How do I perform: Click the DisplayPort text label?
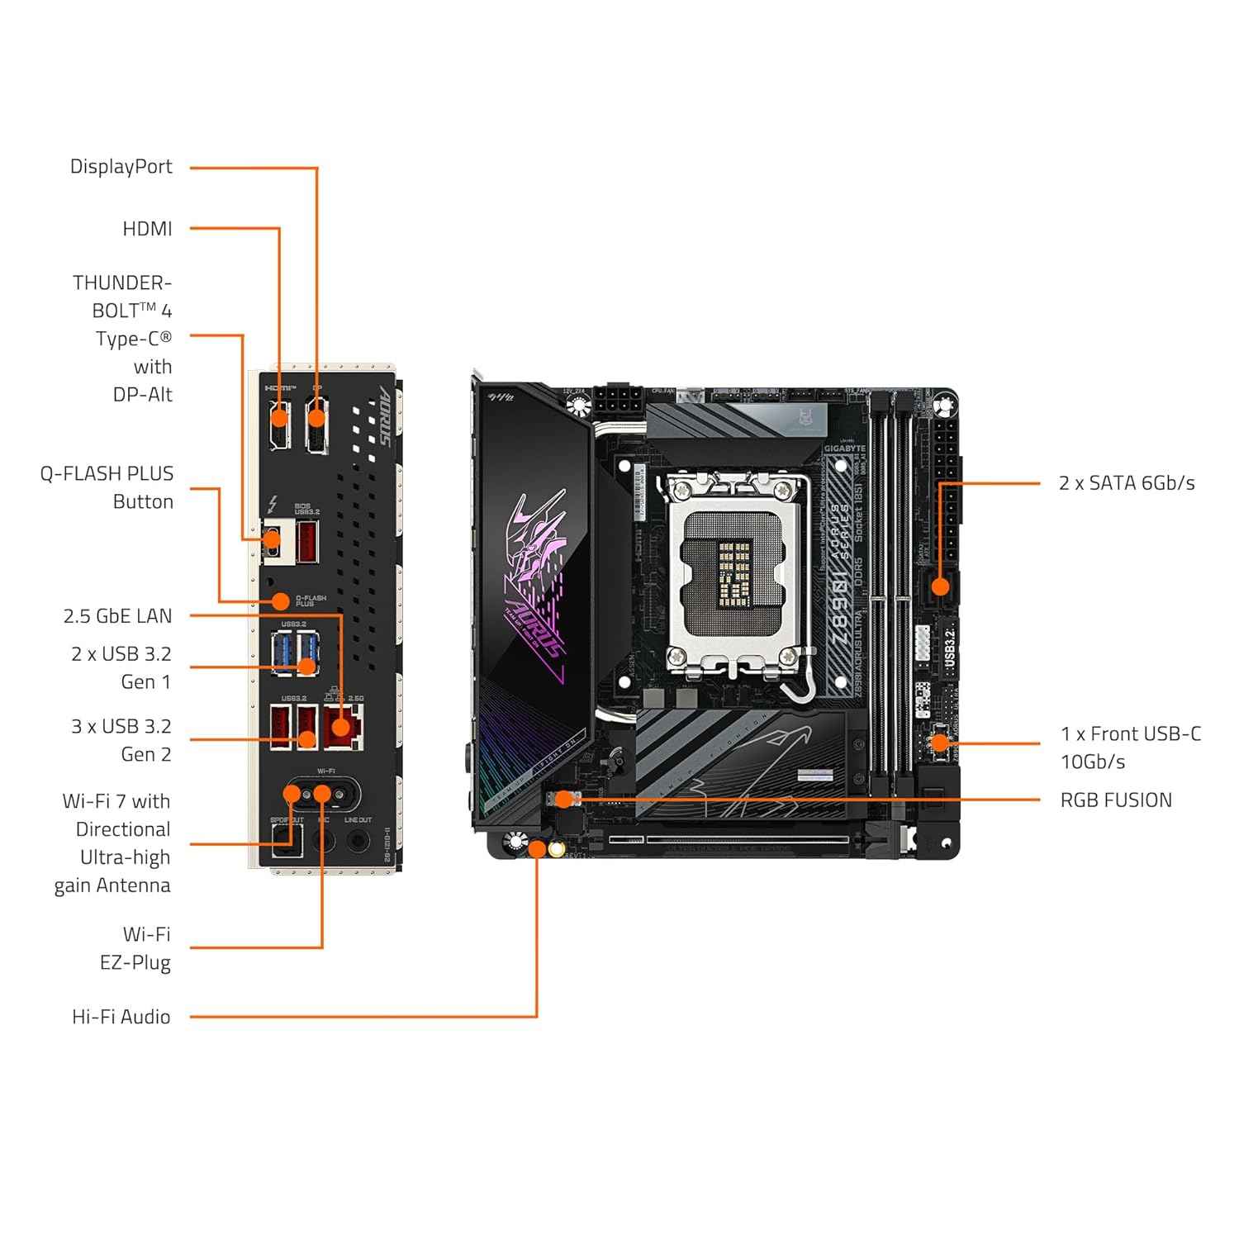121,167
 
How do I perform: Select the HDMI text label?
147,229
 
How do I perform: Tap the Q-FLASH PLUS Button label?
107,487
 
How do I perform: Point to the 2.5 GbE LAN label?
118,616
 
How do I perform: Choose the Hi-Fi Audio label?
121,1017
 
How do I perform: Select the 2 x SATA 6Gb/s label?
1127,483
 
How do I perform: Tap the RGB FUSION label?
1116,800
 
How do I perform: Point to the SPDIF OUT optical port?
287,843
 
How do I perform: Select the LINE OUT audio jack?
358,841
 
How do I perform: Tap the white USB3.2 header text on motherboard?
949,648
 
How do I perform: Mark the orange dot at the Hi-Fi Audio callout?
537,848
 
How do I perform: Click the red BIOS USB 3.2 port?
307,542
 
